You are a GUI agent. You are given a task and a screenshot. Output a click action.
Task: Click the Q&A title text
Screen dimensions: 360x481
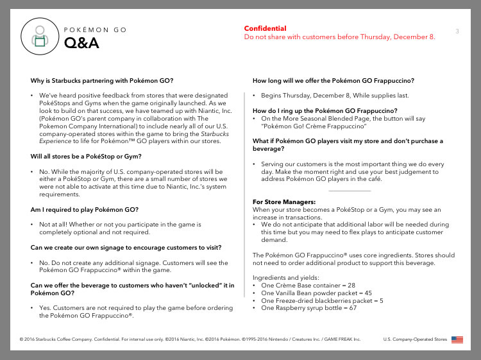[81, 44]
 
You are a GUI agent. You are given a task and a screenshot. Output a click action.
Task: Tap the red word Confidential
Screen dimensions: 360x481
[265, 28]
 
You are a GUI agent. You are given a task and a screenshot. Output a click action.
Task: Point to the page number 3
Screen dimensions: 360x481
[457, 31]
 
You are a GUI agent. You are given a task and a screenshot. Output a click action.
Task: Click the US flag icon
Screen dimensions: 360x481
[457, 339]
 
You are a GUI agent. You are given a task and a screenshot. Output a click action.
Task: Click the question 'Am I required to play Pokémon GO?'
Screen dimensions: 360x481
[85, 209]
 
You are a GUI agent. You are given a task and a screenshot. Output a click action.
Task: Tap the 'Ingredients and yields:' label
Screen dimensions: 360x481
[284, 277]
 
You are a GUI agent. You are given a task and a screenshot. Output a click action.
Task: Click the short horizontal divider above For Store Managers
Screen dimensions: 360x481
[349, 191]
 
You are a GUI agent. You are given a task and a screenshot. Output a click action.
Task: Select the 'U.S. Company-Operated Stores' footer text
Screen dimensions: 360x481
[414, 339]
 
